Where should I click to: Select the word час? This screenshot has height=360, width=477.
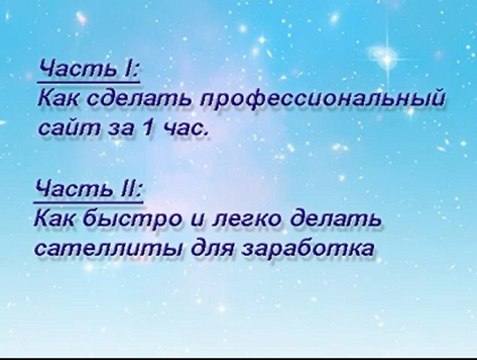pos(184,129)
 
